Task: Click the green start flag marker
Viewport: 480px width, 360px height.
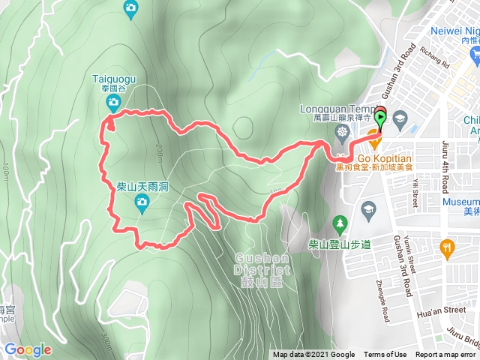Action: pyautogui.click(x=380, y=118)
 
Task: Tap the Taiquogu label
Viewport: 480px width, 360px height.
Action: pyautogui.click(x=113, y=77)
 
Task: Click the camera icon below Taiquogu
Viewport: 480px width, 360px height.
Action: pyautogui.click(x=113, y=101)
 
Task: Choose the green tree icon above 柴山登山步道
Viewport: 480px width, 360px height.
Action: pyautogui.click(x=339, y=224)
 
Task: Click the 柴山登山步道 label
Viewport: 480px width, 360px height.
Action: pyautogui.click(x=340, y=244)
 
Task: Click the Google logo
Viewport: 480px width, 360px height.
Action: pyautogui.click(x=28, y=349)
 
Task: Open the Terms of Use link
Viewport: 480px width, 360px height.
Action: pyautogui.click(x=385, y=355)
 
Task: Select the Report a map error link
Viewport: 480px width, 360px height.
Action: pyautogui.click(x=446, y=355)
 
